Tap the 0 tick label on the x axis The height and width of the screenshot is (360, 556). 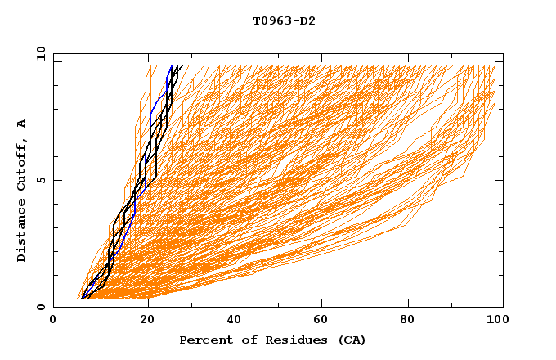point(53,321)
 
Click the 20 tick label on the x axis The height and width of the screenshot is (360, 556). point(147,321)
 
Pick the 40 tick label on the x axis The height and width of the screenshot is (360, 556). point(235,321)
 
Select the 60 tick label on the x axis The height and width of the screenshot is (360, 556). point(323,321)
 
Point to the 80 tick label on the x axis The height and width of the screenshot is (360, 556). point(411,321)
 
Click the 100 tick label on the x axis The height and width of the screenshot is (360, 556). point(495,321)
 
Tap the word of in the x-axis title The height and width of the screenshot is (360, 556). point(241,340)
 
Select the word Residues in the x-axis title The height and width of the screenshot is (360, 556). point(282,340)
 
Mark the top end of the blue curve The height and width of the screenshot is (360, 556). point(171,66)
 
